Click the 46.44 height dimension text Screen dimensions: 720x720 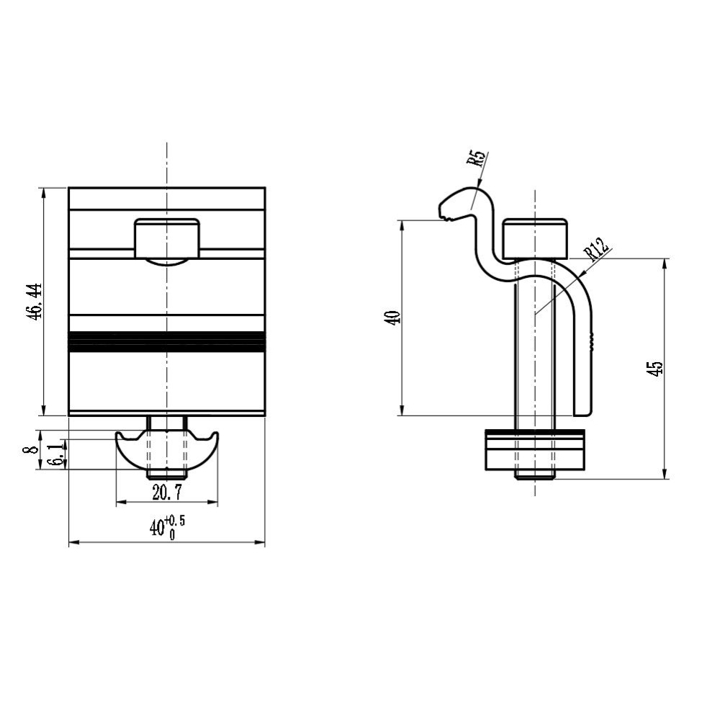[35, 302]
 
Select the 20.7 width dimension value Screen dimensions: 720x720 [167, 492]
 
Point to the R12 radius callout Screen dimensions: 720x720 [595, 248]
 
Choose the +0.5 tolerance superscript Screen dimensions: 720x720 [176, 521]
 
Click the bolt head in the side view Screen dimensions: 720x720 [535, 239]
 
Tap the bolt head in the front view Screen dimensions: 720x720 [167, 238]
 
